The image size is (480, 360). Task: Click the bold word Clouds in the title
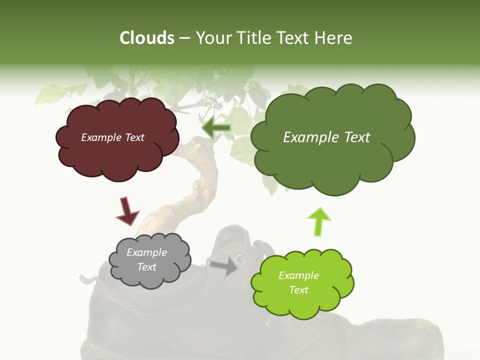147,38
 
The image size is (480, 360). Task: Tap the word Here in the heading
335,38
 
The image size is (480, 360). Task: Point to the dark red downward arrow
127,210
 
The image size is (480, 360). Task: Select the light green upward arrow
319,221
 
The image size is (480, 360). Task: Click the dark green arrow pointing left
216,128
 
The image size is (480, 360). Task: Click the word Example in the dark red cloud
100,137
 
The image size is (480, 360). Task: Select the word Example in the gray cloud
146,252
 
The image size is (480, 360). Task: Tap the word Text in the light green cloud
298,290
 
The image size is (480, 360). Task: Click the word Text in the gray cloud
146,267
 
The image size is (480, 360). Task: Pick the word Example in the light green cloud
298,275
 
